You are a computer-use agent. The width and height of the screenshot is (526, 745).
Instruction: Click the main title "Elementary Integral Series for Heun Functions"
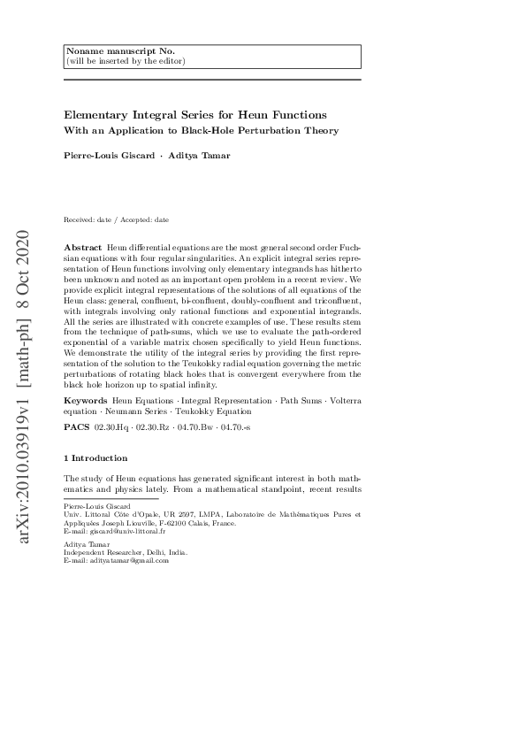pos(195,115)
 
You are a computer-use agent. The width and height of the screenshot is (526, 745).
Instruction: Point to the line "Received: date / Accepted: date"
pos(116,219)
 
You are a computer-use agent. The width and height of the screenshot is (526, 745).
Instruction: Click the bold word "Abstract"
pos(83,245)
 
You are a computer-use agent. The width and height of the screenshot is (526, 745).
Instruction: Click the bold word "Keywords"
pos(87,402)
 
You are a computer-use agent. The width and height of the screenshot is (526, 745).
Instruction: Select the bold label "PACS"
pos(76,426)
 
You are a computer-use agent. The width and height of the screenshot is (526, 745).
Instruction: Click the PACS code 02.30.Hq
pos(111,426)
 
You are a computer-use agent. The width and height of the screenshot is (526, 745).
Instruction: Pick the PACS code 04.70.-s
pos(237,426)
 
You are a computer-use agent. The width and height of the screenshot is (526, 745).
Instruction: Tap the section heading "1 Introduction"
pos(96,458)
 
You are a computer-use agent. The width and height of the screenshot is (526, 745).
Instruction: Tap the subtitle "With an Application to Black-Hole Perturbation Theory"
pos(201,131)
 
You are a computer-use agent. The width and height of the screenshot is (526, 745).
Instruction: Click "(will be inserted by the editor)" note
pos(126,61)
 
